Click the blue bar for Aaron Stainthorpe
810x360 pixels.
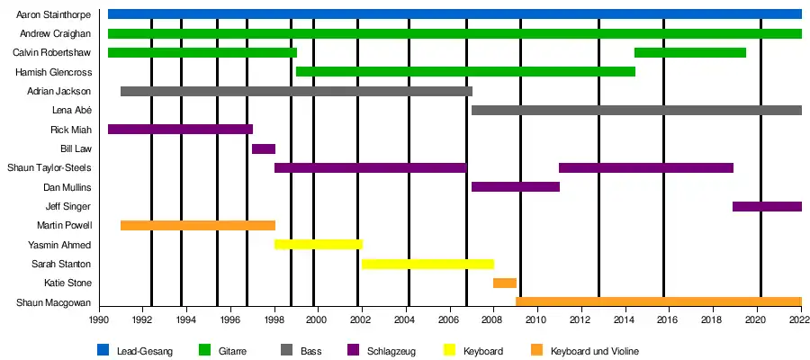point(454,13)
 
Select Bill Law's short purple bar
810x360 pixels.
point(264,148)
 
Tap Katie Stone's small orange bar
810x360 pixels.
point(505,283)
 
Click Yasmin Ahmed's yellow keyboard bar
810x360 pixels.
point(319,244)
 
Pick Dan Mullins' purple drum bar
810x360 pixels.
point(516,187)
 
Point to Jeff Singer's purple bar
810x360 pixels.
point(767,206)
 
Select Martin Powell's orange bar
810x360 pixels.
point(198,225)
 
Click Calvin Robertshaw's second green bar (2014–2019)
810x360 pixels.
point(690,52)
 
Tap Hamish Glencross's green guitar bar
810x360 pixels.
point(465,71)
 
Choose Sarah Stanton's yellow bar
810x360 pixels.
point(427,264)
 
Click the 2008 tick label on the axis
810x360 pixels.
point(492,319)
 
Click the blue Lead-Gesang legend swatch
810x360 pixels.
point(103,350)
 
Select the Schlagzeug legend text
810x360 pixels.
point(391,351)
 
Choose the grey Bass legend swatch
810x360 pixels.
point(288,350)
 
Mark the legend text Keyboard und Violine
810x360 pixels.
point(595,351)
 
